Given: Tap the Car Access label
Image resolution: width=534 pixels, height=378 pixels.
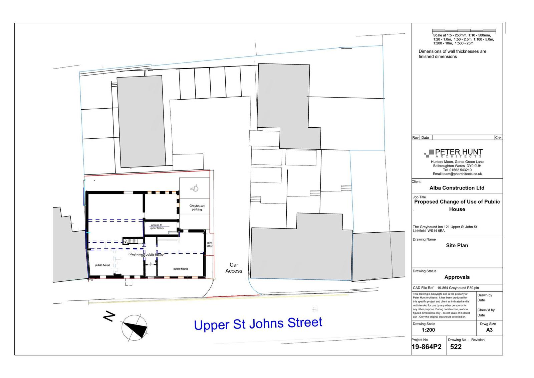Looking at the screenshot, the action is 234,268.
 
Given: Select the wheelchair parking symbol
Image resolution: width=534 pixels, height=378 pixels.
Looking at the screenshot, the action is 194,188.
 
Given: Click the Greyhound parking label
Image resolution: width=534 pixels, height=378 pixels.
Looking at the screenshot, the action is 197,208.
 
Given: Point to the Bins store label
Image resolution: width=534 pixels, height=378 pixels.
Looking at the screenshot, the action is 210,245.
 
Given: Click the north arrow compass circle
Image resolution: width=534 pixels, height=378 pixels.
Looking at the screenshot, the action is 134,328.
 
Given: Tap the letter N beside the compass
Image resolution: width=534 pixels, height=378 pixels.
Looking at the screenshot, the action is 109,317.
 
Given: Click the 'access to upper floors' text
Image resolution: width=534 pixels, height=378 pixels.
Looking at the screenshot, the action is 157,227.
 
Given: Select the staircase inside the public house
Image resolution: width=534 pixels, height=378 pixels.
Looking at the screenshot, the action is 130,241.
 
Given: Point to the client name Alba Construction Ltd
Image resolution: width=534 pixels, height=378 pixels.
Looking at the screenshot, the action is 457,188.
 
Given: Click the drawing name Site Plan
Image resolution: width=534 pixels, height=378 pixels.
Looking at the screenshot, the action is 457,245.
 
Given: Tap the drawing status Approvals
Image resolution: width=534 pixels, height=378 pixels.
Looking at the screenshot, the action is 457,277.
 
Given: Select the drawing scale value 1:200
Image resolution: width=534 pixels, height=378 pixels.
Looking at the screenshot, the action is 428,330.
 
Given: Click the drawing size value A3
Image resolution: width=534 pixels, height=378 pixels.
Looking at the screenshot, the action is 489,330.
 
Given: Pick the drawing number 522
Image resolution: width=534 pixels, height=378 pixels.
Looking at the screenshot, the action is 456,347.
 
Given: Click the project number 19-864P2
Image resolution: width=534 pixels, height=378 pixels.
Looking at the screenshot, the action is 427,347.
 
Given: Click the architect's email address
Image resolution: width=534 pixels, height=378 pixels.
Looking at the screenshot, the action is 457,174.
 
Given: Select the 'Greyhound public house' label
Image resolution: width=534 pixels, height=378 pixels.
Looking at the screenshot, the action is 146,255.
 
